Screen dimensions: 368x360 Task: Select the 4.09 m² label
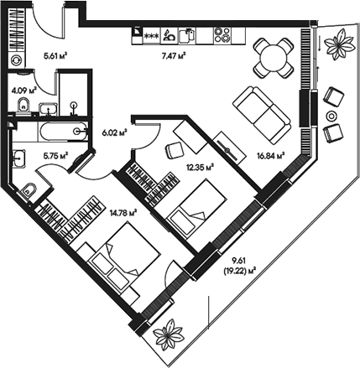click(x=23, y=89)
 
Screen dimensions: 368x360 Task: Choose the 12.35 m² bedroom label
click(x=201, y=166)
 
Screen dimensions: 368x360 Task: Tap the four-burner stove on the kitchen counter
click(x=223, y=35)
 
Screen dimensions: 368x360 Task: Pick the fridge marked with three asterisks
click(x=152, y=35)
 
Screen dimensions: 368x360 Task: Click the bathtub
click(x=55, y=130)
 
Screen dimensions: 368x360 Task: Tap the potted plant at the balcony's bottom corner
click(x=169, y=334)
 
